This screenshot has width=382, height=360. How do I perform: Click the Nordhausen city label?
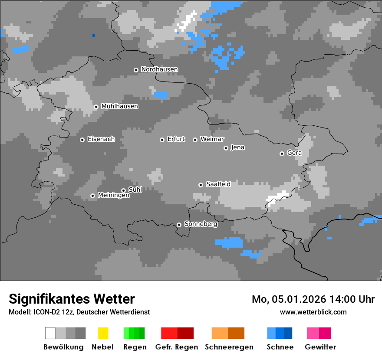[x=159, y=69]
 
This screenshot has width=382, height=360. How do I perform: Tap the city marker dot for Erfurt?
[x=162, y=140]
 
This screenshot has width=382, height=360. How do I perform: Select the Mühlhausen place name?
[x=119, y=106]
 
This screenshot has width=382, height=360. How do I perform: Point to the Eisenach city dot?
[x=82, y=140]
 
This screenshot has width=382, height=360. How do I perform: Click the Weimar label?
[x=212, y=139]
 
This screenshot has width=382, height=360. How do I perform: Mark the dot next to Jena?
[x=226, y=148]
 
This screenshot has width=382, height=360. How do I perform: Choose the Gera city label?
[x=294, y=153]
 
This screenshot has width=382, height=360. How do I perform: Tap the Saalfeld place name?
[x=218, y=184]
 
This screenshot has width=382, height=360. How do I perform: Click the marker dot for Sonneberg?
[x=179, y=225]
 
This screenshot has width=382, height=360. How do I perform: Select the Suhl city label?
[x=135, y=190]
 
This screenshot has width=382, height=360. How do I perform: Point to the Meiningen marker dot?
[x=92, y=196]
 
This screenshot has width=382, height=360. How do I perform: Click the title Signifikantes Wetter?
[x=72, y=299]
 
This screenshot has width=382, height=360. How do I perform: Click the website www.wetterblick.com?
[x=313, y=312]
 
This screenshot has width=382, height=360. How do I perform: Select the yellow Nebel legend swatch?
[x=103, y=333]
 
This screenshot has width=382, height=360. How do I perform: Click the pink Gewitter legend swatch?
[x=313, y=333]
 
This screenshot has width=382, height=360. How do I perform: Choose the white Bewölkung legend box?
[x=50, y=333]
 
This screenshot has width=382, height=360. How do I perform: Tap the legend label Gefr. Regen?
[x=177, y=347]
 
